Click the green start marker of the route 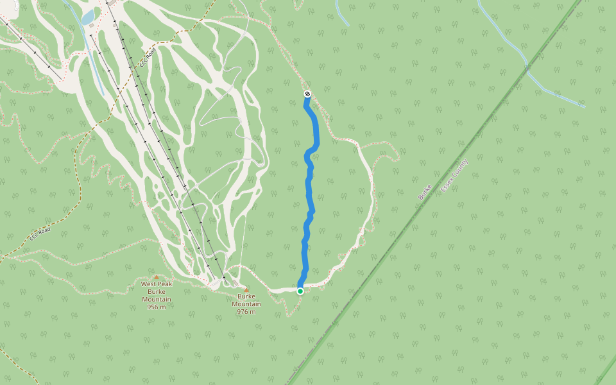point(300,291)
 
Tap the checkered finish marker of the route point(307,94)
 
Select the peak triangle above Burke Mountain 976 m point(246,290)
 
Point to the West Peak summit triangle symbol point(156,277)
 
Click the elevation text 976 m point(246,312)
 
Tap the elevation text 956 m point(157,307)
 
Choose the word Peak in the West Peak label point(165,284)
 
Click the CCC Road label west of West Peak point(39,235)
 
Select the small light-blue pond point(87,18)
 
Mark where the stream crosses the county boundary point(527,67)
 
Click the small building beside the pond point(92,26)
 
